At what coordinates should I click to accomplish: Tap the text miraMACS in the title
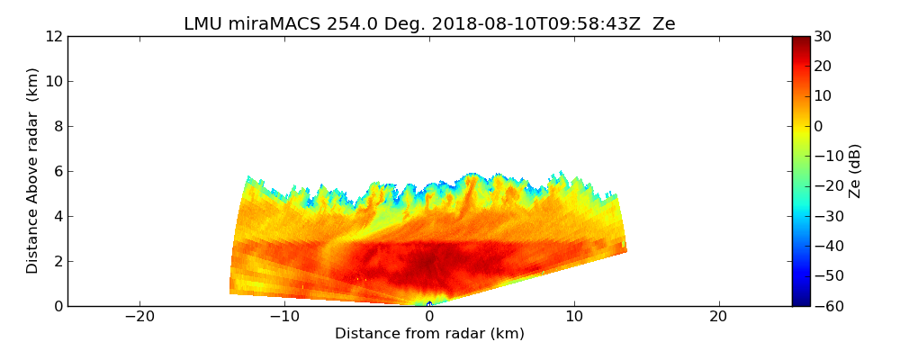coord(261,24)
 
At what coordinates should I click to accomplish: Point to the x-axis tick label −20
coord(139,317)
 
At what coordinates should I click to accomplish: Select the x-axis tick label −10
coord(284,317)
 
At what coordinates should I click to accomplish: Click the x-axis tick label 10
coord(574,317)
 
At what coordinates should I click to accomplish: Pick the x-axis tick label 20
coord(718,317)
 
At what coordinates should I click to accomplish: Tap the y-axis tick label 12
coord(53,37)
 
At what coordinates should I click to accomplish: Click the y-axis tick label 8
coord(58,127)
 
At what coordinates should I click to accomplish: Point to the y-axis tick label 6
coord(58,172)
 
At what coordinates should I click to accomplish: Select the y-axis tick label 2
coord(58,261)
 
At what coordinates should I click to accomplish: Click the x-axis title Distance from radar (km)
coord(429,334)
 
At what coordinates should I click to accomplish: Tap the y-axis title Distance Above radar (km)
coord(33,170)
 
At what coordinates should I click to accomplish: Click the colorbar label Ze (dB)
coord(855,170)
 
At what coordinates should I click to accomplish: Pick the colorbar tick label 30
coord(823,37)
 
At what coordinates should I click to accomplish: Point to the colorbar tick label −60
coord(826,306)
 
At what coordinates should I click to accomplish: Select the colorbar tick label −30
coord(826,216)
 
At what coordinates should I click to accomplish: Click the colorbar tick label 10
coord(823,96)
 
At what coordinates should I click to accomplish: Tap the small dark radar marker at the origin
coord(429,304)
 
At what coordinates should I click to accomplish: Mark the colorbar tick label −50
coord(826,276)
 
